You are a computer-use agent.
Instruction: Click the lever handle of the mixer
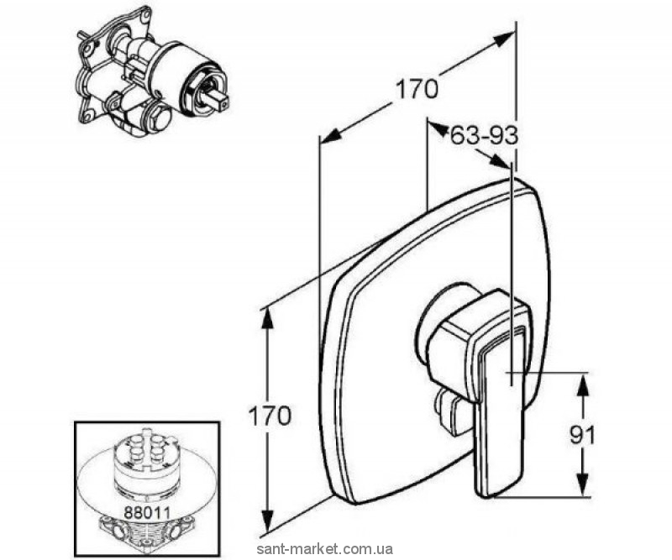(498, 386)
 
